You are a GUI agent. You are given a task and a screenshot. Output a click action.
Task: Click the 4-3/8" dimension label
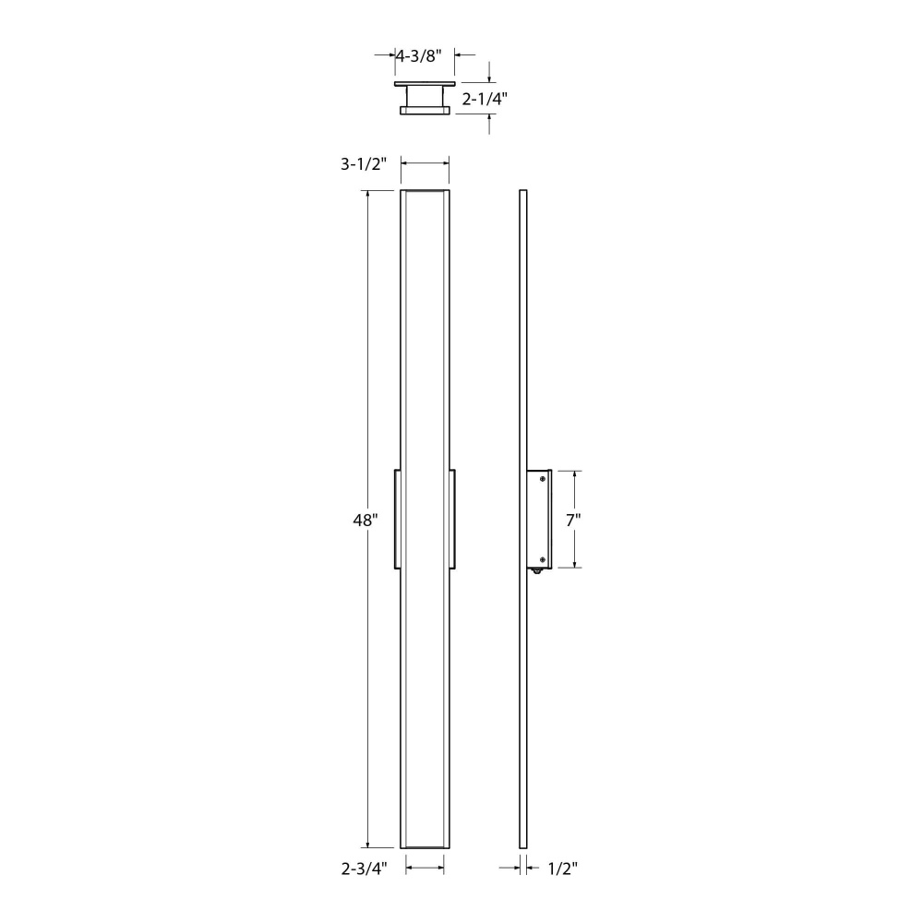tap(418, 56)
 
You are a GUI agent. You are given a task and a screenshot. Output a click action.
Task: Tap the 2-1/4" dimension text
tap(485, 99)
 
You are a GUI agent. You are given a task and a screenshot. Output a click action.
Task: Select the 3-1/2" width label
tap(363, 163)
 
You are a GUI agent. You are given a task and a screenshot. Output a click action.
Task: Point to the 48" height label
tap(365, 521)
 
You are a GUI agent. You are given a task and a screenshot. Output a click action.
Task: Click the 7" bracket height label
tap(573, 521)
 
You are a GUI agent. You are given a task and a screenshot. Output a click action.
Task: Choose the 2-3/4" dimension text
tap(365, 869)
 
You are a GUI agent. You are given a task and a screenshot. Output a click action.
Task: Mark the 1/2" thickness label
tap(563, 869)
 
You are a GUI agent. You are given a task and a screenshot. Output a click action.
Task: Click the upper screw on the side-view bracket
tap(542, 479)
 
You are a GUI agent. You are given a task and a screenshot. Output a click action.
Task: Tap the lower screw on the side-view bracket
tap(542, 560)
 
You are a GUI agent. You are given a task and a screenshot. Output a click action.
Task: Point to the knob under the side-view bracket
tap(537, 570)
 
